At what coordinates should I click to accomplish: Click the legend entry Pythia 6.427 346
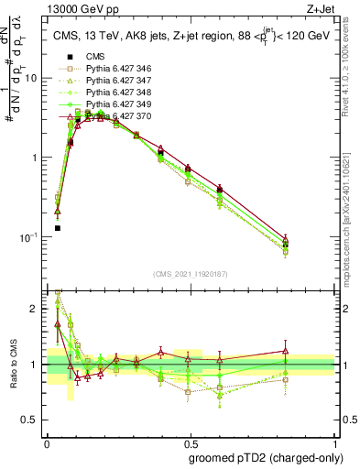[113, 81]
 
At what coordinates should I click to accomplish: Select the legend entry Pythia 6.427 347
[113, 93]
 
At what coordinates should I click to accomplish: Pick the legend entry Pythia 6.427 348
[113, 104]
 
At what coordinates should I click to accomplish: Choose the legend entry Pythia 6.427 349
[113, 116]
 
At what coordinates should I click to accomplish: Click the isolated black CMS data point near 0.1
[57, 228]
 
